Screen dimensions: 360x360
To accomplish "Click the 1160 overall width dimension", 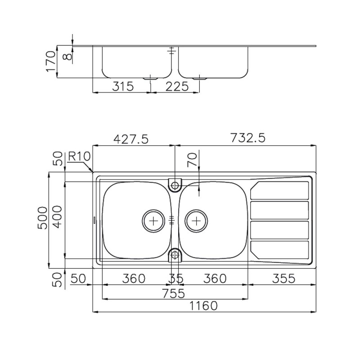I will click(204, 306).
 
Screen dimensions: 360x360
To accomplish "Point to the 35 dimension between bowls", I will click(176, 279).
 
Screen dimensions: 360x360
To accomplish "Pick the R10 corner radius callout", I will click(80, 157).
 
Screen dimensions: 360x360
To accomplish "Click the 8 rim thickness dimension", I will click(66, 55).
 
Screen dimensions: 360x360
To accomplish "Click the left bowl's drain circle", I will click(154, 220).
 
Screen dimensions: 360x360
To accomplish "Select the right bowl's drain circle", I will click(196, 220).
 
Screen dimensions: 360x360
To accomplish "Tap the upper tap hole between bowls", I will click(175, 184).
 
